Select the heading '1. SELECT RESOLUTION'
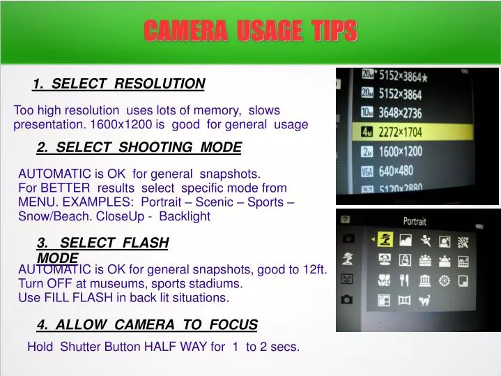(118, 84)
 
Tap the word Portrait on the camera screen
(415, 221)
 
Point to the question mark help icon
(345, 219)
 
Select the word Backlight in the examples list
(185, 217)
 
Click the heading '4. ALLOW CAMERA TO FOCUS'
(147, 324)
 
